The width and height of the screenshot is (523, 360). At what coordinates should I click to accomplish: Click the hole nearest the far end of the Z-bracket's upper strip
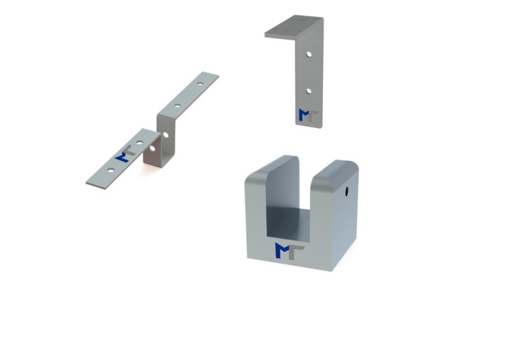point(200,84)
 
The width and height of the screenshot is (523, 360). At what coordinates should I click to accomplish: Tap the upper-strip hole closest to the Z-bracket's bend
point(177,106)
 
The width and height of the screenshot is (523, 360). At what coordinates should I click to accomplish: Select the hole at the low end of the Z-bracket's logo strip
point(110,171)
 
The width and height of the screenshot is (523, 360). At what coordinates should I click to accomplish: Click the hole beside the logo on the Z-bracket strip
point(139,142)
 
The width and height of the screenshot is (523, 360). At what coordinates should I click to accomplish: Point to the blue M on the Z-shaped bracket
point(122,157)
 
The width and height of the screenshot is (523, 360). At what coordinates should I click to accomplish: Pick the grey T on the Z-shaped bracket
point(129,150)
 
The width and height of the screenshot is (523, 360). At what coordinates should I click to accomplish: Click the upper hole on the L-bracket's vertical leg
point(309,54)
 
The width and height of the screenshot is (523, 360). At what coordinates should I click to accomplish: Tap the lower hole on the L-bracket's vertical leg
point(309,91)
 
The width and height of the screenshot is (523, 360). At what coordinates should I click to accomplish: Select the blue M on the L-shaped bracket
point(304,115)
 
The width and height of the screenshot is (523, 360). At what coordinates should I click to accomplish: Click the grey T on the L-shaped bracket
point(313,116)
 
